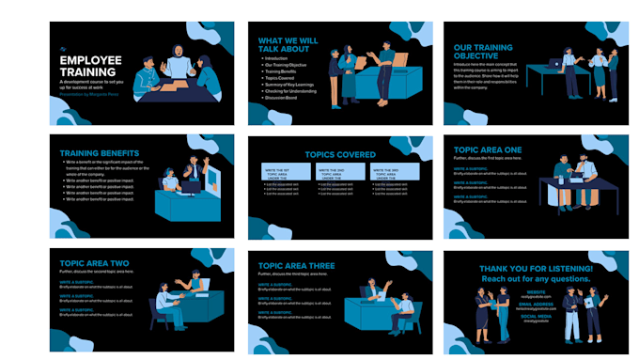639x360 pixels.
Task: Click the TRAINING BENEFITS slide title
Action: (x=100, y=153)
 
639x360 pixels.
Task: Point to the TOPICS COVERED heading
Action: (x=339, y=155)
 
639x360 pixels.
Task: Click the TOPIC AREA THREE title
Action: (x=296, y=263)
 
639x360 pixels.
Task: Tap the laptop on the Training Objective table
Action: (x=555, y=64)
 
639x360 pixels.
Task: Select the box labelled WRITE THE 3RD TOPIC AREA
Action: (x=393, y=174)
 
